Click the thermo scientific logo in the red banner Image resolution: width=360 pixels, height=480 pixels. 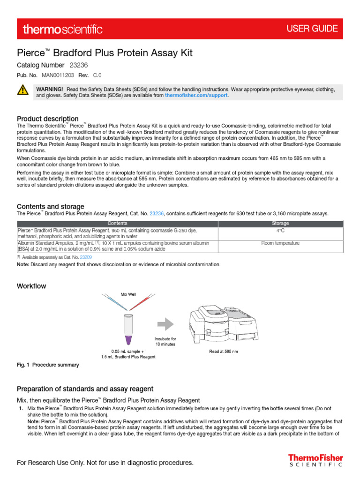62,29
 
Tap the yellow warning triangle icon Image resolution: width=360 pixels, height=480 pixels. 22,90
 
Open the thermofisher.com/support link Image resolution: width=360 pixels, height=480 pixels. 196,95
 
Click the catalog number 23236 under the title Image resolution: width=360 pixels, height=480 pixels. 79,65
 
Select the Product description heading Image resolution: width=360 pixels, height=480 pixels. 48,119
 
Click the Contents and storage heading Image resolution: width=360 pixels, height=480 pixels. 51,206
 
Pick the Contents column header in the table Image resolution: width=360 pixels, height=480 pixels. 117,224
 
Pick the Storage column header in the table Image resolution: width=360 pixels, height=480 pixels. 280,224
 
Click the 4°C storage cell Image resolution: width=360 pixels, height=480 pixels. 280,231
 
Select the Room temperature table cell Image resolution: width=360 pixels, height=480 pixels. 280,243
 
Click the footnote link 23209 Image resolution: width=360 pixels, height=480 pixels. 86,257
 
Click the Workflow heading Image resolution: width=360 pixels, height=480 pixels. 31,286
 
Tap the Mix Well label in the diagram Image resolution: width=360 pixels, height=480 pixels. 128,294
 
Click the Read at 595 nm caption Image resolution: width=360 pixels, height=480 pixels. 223,351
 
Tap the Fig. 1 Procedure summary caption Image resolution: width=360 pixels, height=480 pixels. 48,365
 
